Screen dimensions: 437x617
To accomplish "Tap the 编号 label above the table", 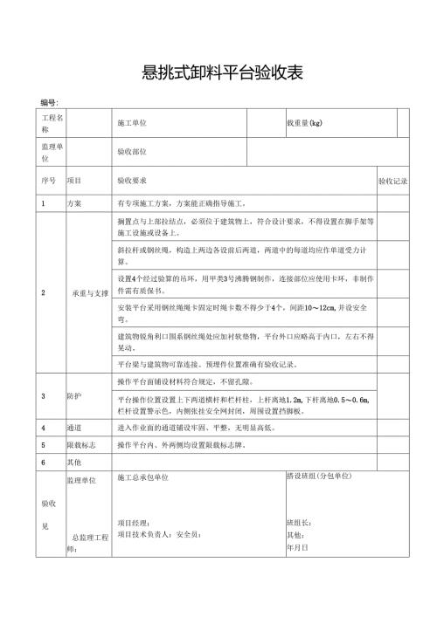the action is [x=48, y=103].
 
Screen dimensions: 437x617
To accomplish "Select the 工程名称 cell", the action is [x=50, y=122].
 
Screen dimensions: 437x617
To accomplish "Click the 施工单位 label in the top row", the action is [x=132, y=123].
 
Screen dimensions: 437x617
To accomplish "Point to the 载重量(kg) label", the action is [x=305, y=123].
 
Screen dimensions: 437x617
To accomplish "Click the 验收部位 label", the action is [x=132, y=152].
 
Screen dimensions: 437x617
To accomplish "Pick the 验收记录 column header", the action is [x=393, y=181].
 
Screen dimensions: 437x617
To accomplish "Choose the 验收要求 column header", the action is [x=132, y=181].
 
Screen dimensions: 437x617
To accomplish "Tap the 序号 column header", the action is [x=48, y=181].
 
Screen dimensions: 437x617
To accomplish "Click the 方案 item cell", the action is [x=74, y=203].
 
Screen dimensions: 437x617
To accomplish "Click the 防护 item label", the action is [x=74, y=395].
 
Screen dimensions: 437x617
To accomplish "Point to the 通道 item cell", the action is [x=74, y=428].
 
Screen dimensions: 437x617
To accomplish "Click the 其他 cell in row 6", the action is [x=74, y=461].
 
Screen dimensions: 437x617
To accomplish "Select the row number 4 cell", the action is [x=44, y=428].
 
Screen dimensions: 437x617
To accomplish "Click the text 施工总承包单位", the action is [x=142, y=477].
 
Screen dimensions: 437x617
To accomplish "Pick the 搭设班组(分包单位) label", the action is [x=318, y=476].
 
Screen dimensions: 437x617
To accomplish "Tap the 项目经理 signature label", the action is [x=133, y=523].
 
